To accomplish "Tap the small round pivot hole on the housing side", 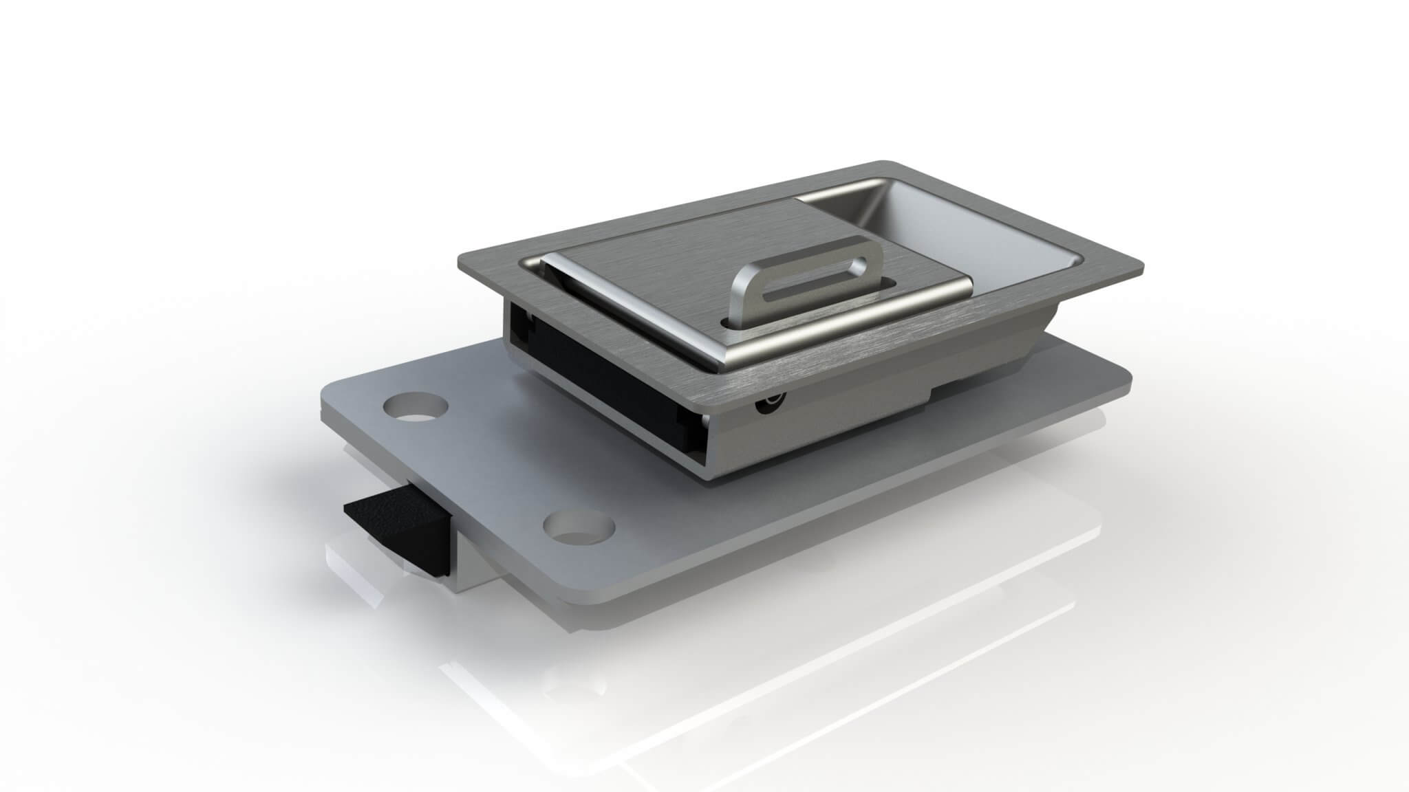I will tap(769, 406).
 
